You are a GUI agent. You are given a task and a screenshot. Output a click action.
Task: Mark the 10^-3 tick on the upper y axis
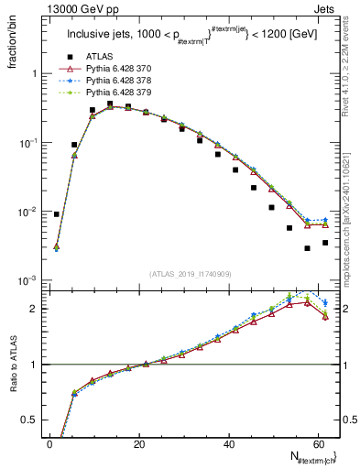[x=30, y=280]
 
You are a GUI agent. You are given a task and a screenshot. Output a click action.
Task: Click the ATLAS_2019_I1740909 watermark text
[x=189, y=273]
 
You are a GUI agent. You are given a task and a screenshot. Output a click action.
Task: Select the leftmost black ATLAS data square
[x=57, y=214]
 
